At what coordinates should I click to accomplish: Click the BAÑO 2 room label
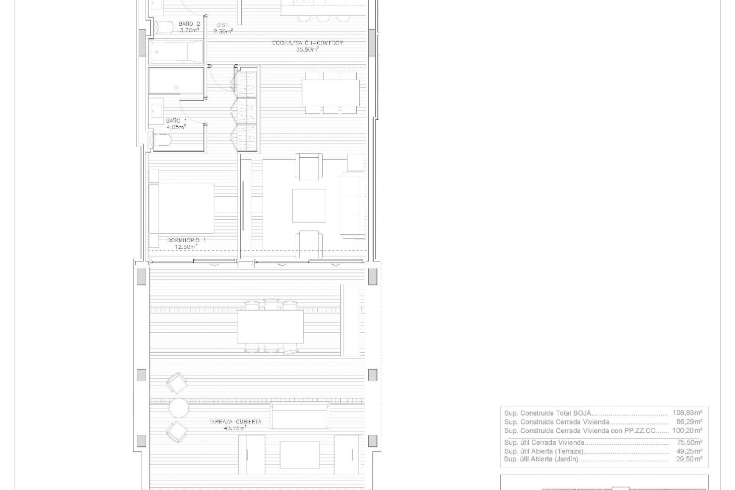189,27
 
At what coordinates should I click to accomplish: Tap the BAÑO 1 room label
176,124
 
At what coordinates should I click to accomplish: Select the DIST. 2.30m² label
224,28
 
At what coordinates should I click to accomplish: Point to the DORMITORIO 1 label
186,243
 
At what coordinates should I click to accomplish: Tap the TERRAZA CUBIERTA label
235,425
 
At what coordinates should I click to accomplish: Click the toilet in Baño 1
162,140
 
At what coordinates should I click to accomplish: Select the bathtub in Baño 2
176,53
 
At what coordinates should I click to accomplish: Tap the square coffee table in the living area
309,205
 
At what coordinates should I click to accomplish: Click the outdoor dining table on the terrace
270,327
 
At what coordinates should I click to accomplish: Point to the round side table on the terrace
179,408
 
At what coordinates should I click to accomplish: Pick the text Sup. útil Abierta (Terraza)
544,451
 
